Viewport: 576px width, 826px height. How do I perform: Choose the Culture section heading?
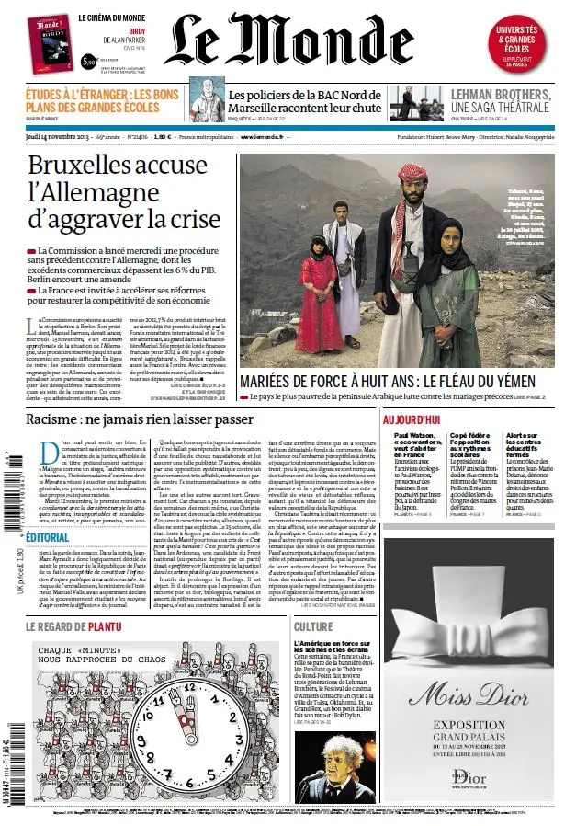click(x=313, y=626)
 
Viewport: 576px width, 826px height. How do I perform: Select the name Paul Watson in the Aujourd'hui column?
click(x=412, y=435)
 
